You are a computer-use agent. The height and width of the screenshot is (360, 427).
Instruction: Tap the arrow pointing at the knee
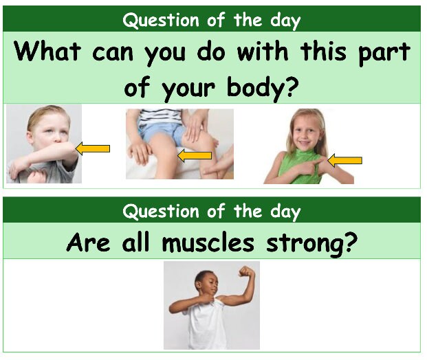click(x=195, y=157)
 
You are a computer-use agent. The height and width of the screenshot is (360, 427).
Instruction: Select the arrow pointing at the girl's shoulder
click(x=344, y=161)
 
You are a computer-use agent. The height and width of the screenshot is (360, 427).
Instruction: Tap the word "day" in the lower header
click(x=284, y=211)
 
